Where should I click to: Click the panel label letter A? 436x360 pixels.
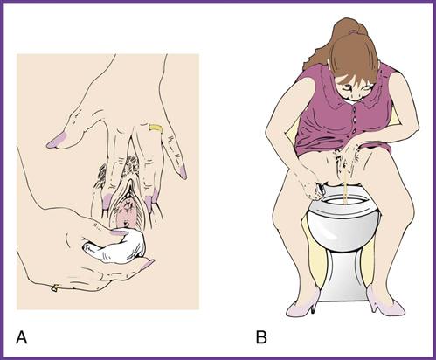(21, 337)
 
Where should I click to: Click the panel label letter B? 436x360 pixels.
(261, 337)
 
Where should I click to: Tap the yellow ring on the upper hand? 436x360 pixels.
(155, 128)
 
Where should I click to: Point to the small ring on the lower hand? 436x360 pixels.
(54, 287)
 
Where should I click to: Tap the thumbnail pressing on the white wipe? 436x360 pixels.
(120, 232)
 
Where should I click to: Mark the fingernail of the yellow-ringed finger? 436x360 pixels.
(183, 172)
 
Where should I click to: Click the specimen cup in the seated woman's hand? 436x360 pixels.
(321, 190)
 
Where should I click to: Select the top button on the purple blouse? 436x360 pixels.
(354, 109)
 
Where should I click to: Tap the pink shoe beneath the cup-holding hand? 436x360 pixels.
(301, 303)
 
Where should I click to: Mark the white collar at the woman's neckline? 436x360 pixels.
(352, 101)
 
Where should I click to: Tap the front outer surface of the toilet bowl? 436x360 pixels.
(343, 230)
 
